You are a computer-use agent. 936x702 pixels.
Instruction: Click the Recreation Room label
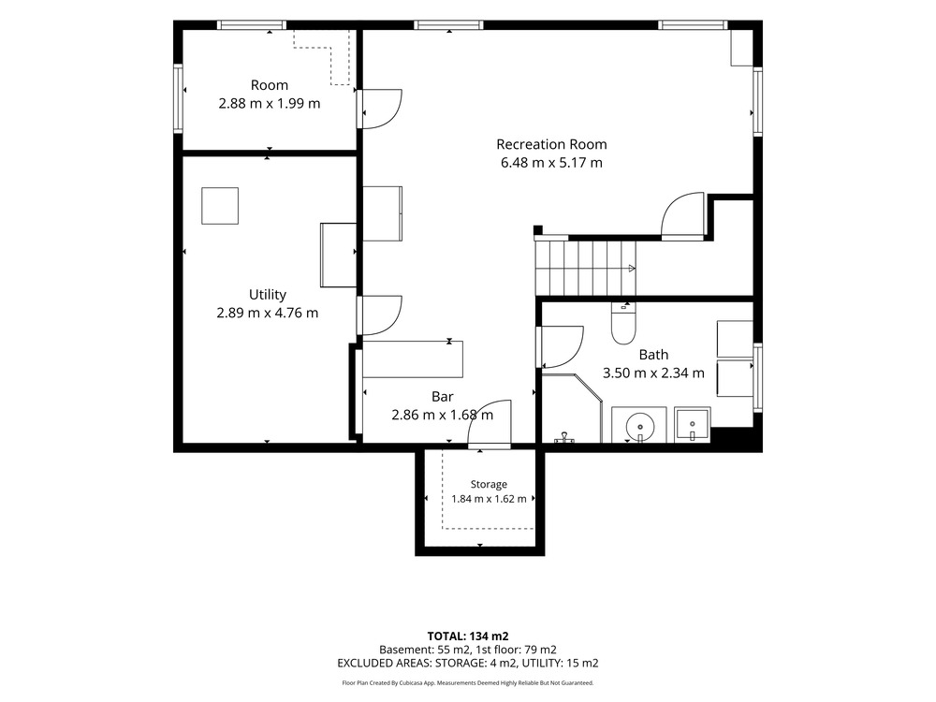pos(551,144)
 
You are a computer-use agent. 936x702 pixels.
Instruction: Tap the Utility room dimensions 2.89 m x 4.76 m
pos(268,313)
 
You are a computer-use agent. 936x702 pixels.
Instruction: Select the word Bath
pos(653,355)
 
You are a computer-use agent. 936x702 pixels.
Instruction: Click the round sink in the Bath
pos(640,426)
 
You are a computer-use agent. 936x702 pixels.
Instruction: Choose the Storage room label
pos(489,484)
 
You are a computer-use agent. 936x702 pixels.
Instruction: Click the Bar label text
pos(443,396)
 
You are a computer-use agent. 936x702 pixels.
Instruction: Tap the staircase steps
pos(586,268)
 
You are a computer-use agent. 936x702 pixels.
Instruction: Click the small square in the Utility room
pos(220,206)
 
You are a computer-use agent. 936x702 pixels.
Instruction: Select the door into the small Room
pos(380,109)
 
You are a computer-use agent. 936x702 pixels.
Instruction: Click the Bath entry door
pos(560,347)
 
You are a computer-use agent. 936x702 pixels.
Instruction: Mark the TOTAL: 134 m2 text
pos(468,636)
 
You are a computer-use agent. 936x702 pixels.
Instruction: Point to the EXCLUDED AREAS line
pos(468,663)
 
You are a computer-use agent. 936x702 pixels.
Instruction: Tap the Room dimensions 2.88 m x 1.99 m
pos(270,103)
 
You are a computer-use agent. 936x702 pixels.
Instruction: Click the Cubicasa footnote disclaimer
pos(468,683)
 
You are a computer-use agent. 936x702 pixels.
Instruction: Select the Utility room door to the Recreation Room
pos(380,315)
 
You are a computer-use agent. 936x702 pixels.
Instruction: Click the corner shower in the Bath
pos(571,408)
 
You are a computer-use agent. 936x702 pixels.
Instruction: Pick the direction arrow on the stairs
pos(630,268)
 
